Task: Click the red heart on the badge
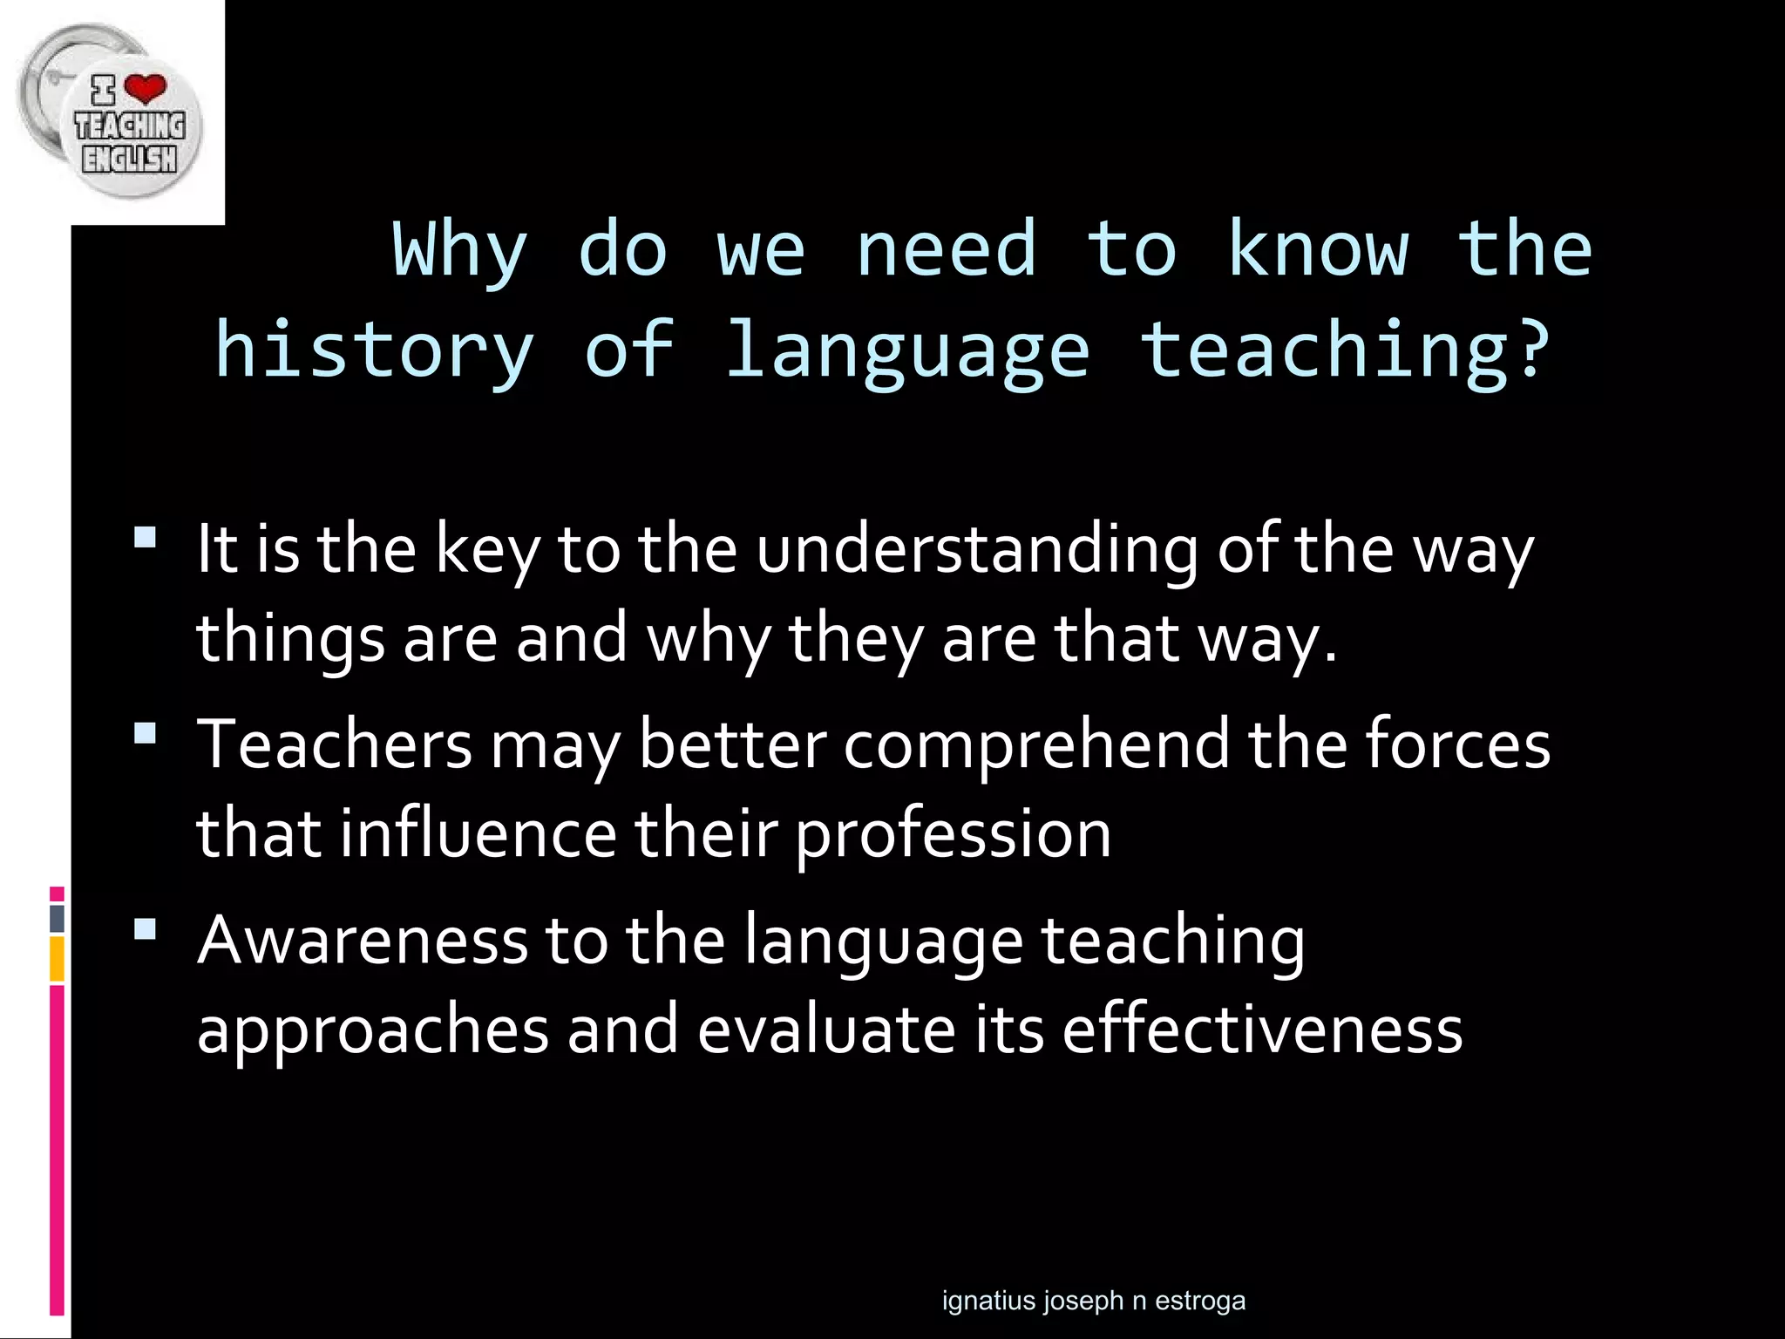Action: click(x=145, y=88)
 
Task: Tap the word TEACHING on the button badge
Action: click(x=130, y=126)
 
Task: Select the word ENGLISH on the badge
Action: click(x=129, y=159)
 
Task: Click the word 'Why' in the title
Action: click(x=460, y=251)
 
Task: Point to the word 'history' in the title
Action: click(x=374, y=351)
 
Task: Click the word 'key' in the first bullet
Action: click(x=487, y=551)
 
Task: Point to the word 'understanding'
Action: click(x=977, y=551)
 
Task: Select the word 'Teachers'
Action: click(x=335, y=745)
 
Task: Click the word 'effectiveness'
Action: click(x=1262, y=1030)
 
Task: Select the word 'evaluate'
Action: click(x=826, y=1030)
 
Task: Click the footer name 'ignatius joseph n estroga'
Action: click(x=1094, y=1301)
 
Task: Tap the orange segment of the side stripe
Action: click(x=57, y=959)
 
